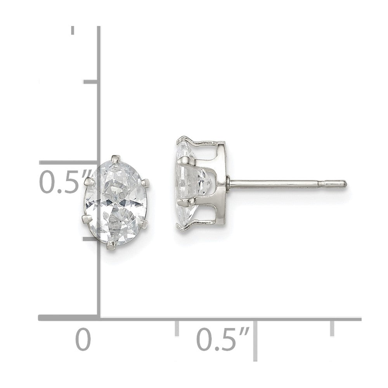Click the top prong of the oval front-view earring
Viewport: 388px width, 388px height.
point(115,158)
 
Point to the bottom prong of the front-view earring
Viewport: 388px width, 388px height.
point(112,245)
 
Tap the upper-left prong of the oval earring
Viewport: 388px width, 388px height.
point(90,181)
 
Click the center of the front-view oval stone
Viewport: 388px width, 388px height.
point(117,202)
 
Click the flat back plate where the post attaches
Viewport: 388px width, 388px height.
point(222,182)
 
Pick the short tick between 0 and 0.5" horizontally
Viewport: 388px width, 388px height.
point(177,328)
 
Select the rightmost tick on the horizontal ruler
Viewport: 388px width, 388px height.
point(332,328)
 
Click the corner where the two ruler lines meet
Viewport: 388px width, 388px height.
point(99,318)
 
